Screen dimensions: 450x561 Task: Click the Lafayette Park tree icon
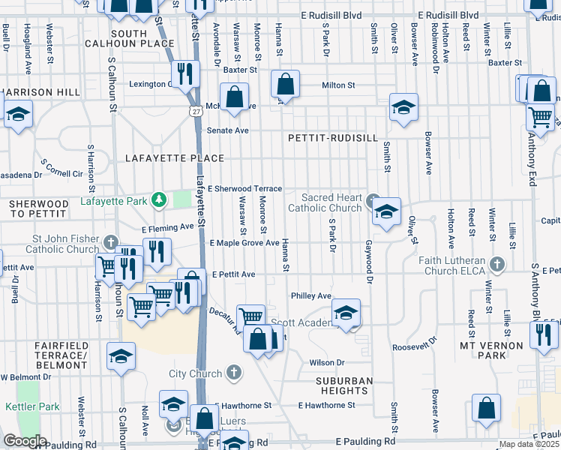click(158, 199)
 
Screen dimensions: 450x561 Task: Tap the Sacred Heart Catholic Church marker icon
click(373, 199)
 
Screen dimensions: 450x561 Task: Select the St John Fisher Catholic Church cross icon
click(111, 241)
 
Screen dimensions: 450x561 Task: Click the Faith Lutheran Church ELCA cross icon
click(496, 263)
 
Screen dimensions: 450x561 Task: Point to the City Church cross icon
click(234, 372)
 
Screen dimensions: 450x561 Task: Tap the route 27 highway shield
click(194, 109)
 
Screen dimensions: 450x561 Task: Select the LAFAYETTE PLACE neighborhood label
click(175, 158)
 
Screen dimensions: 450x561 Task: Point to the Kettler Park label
click(32, 406)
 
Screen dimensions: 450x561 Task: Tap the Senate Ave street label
click(227, 130)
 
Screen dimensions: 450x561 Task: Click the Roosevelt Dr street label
click(421, 347)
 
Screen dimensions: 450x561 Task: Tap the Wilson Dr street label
click(325, 362)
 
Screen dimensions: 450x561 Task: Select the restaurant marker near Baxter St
click(184, 74)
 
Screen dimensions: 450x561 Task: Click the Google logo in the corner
click(25, 441)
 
